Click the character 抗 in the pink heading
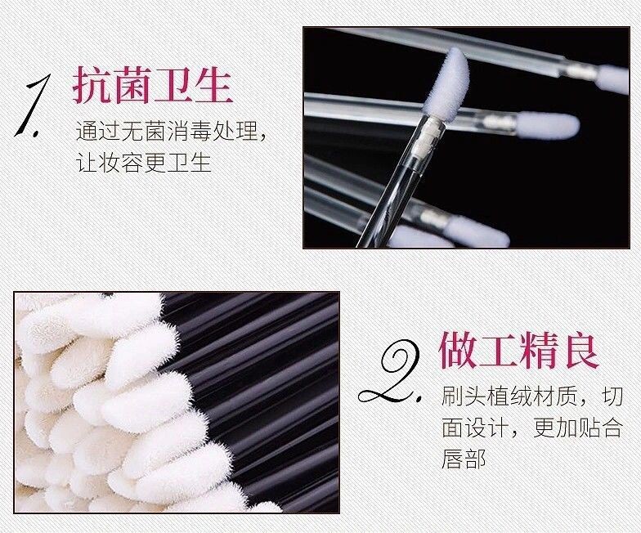coord(93,84)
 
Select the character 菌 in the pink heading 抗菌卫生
coord(132,84)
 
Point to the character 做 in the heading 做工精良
coord(458,350)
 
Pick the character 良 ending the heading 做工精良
coord(580,350)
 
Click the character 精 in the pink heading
coord(540,350)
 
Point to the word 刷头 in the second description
coord(464,397)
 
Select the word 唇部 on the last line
coord(464,459)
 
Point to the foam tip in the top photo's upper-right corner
coord(612,78)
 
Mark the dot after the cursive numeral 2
coord(419,400)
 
